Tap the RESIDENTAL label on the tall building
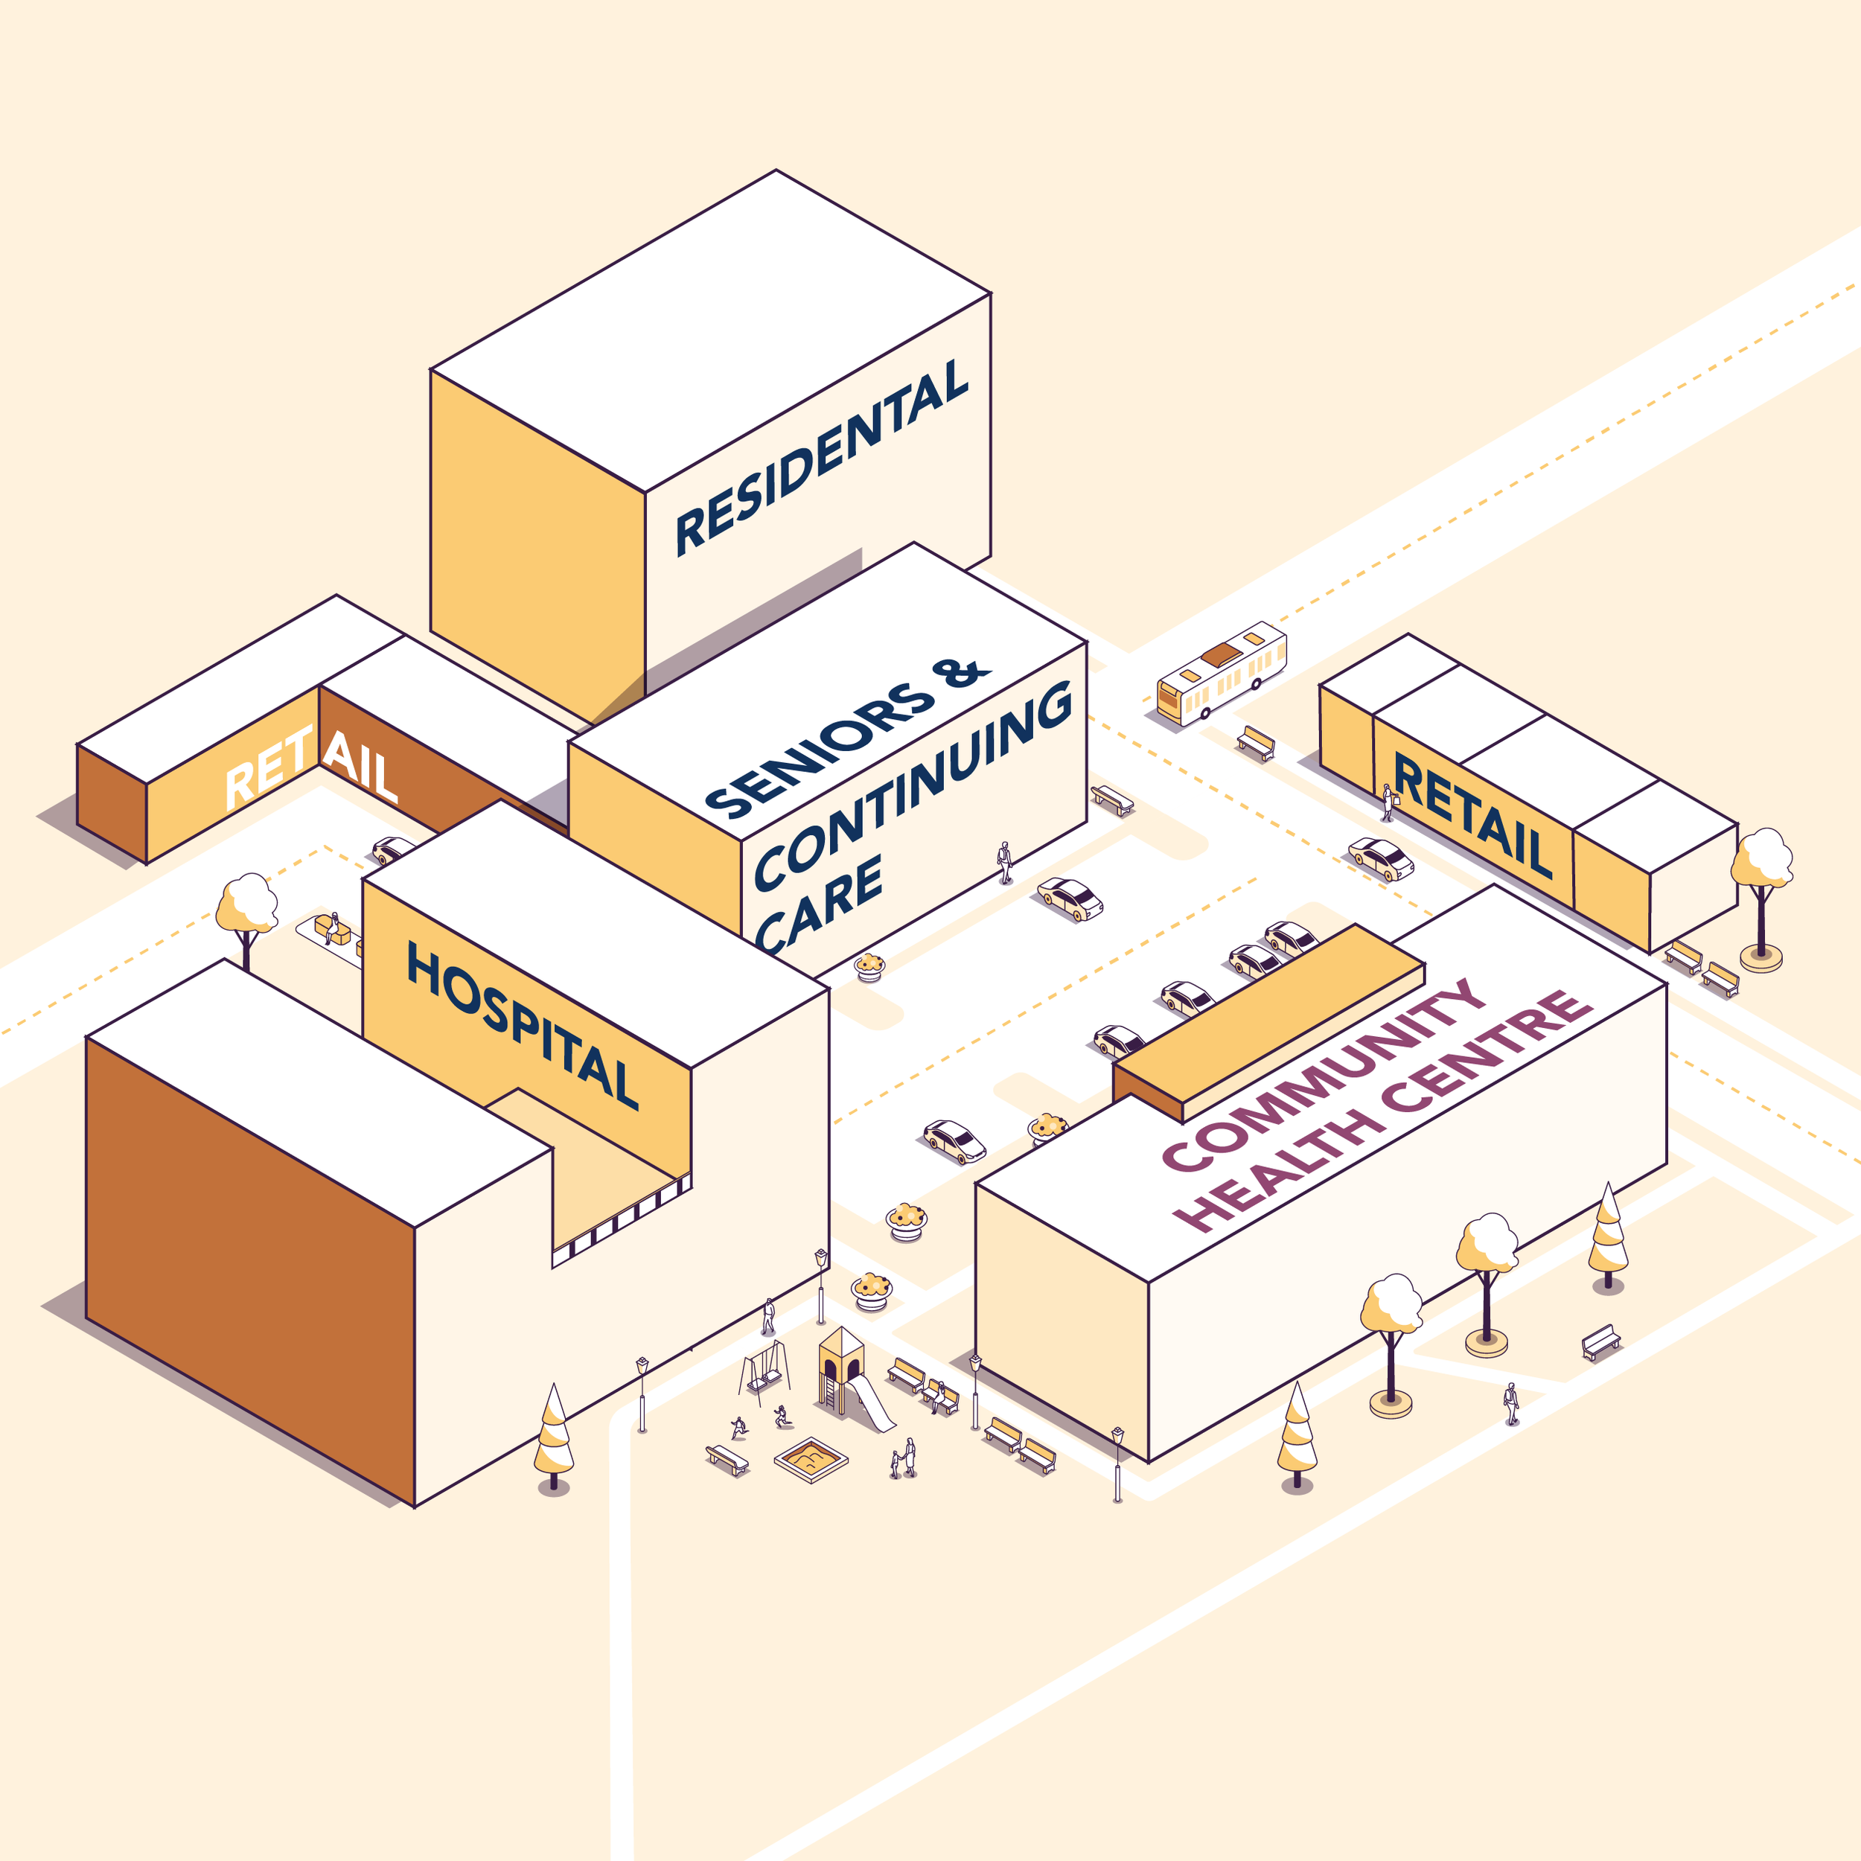(822, 458)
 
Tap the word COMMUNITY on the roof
(1324, 1074)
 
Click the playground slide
(872, 1403)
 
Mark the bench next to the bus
(1256, 743)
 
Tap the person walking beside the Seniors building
(1005, 862)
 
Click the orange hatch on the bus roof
(1222, 654)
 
